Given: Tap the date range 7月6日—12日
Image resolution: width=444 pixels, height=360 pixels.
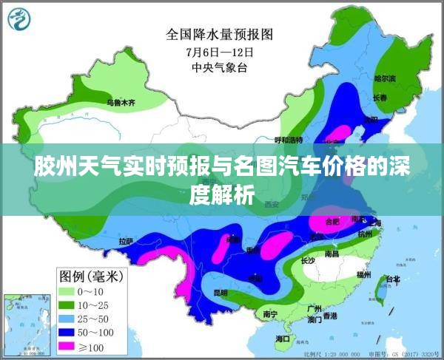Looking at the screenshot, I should coord(220,52).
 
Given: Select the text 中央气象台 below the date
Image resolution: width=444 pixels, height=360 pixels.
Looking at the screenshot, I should coord(220,69).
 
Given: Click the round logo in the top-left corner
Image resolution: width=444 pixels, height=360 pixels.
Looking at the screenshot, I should coord(19,20).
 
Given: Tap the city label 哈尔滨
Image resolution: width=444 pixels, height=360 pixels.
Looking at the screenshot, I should coord(384,77).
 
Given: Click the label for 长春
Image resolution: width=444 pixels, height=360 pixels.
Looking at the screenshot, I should coord(380,98).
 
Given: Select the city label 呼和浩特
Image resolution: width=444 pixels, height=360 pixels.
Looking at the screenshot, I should coord(289,139).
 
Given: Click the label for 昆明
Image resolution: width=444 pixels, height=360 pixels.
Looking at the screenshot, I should coord(220,293).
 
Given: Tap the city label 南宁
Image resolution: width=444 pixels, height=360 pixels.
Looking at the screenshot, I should coord(270,314).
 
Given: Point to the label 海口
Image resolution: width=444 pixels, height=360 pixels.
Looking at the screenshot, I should coord(282,339).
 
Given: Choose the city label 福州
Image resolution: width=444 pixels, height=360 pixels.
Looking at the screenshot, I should coord(363,274).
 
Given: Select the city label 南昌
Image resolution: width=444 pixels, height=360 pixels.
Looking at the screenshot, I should coord(331,254).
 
